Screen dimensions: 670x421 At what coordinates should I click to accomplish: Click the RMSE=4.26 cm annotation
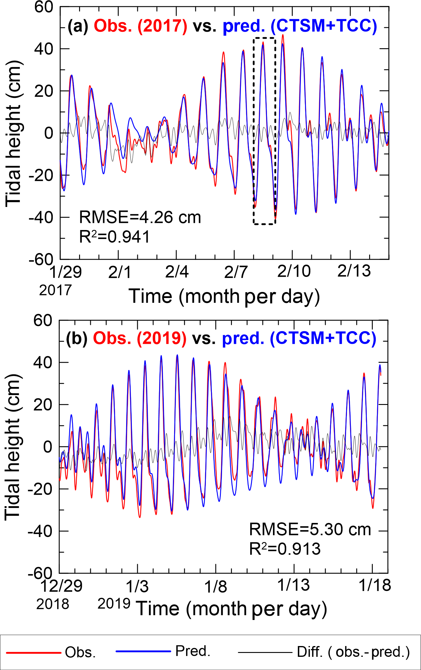click(x=140, y=217)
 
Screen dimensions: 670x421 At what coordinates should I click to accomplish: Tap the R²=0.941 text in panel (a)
click(x=114, y=237)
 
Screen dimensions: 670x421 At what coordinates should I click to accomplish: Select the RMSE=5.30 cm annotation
click(x=310, y=529)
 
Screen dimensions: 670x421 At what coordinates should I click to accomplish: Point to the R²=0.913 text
click(x=285, y=549)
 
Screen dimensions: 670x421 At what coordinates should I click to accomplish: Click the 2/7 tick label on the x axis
click(x=236, y=272)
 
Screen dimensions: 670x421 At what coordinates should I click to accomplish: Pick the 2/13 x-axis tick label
click(x=354, y=271)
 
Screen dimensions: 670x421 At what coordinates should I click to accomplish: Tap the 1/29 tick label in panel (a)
click(x=65, y=272)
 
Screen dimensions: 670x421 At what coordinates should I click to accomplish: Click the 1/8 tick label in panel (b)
click(x=215, y=586)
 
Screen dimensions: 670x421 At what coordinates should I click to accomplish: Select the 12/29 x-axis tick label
click(x=61, y=586)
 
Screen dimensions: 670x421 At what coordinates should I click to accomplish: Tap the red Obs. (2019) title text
click(x=140, y=338)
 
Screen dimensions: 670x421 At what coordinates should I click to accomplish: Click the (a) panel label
click(x=78, y=26)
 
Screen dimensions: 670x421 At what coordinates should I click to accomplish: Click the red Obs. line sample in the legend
click(x=34, y=652)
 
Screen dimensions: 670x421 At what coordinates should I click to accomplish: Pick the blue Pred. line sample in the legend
click(x=143, y=651)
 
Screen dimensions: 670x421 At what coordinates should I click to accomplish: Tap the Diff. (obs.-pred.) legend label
click(x=353, y=652)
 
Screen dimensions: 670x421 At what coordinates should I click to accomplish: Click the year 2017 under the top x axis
click(x=55, y=290)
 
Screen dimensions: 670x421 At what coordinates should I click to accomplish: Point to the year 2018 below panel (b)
click(x=53, y=604)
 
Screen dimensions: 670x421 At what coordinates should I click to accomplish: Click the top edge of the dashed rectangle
click(x=264, y=38)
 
